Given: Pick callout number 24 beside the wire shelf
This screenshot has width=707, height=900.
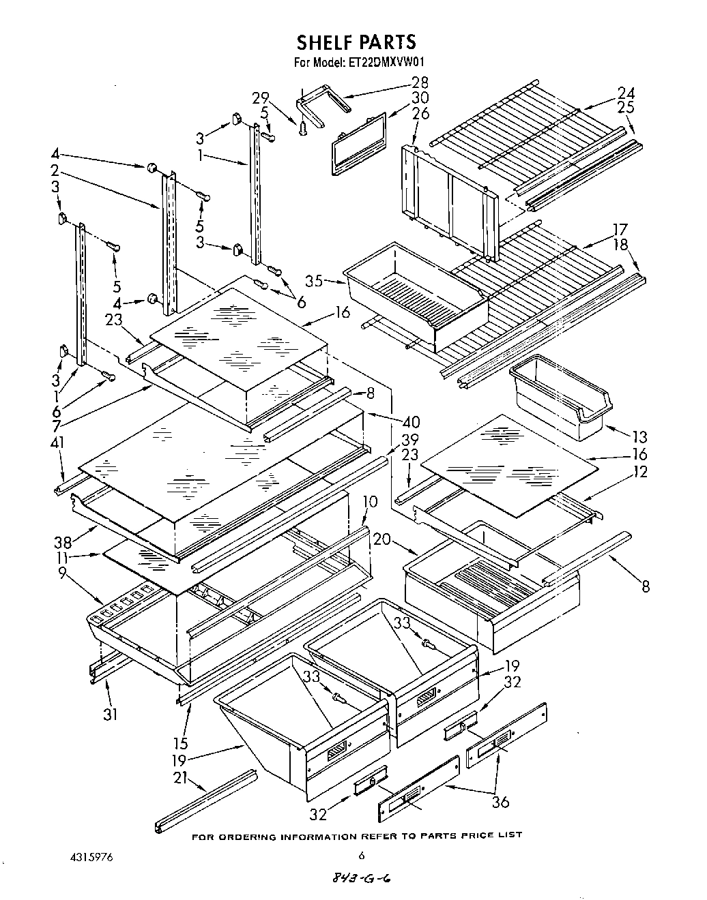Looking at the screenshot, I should (625, 93).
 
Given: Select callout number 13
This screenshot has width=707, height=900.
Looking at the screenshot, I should (639, 437).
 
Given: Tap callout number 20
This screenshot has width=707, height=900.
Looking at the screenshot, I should (382, 539).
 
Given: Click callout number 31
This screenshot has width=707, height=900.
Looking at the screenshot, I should (110, 714).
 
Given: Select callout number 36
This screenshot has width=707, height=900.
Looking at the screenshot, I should (500, 802).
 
